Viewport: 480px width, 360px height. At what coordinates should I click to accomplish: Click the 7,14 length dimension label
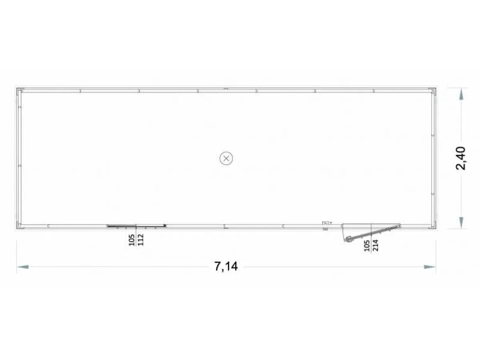[x=226, y=266]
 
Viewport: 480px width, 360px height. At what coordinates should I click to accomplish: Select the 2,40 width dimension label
[x=460, y=158]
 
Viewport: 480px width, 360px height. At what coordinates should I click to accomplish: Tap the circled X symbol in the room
[x=226, y=158]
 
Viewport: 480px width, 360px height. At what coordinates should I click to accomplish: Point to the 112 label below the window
[x=141, y=240]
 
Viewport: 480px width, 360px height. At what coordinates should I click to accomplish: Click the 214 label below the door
[x=375, y=245]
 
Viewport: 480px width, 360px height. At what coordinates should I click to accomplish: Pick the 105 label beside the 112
[x=132, y=240]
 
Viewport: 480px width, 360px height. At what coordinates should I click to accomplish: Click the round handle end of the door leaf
[x=348, y=239]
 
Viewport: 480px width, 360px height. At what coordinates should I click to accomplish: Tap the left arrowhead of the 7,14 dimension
[x=22, y=267]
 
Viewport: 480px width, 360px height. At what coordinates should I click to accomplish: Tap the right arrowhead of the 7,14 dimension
[x=430, y=267]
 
